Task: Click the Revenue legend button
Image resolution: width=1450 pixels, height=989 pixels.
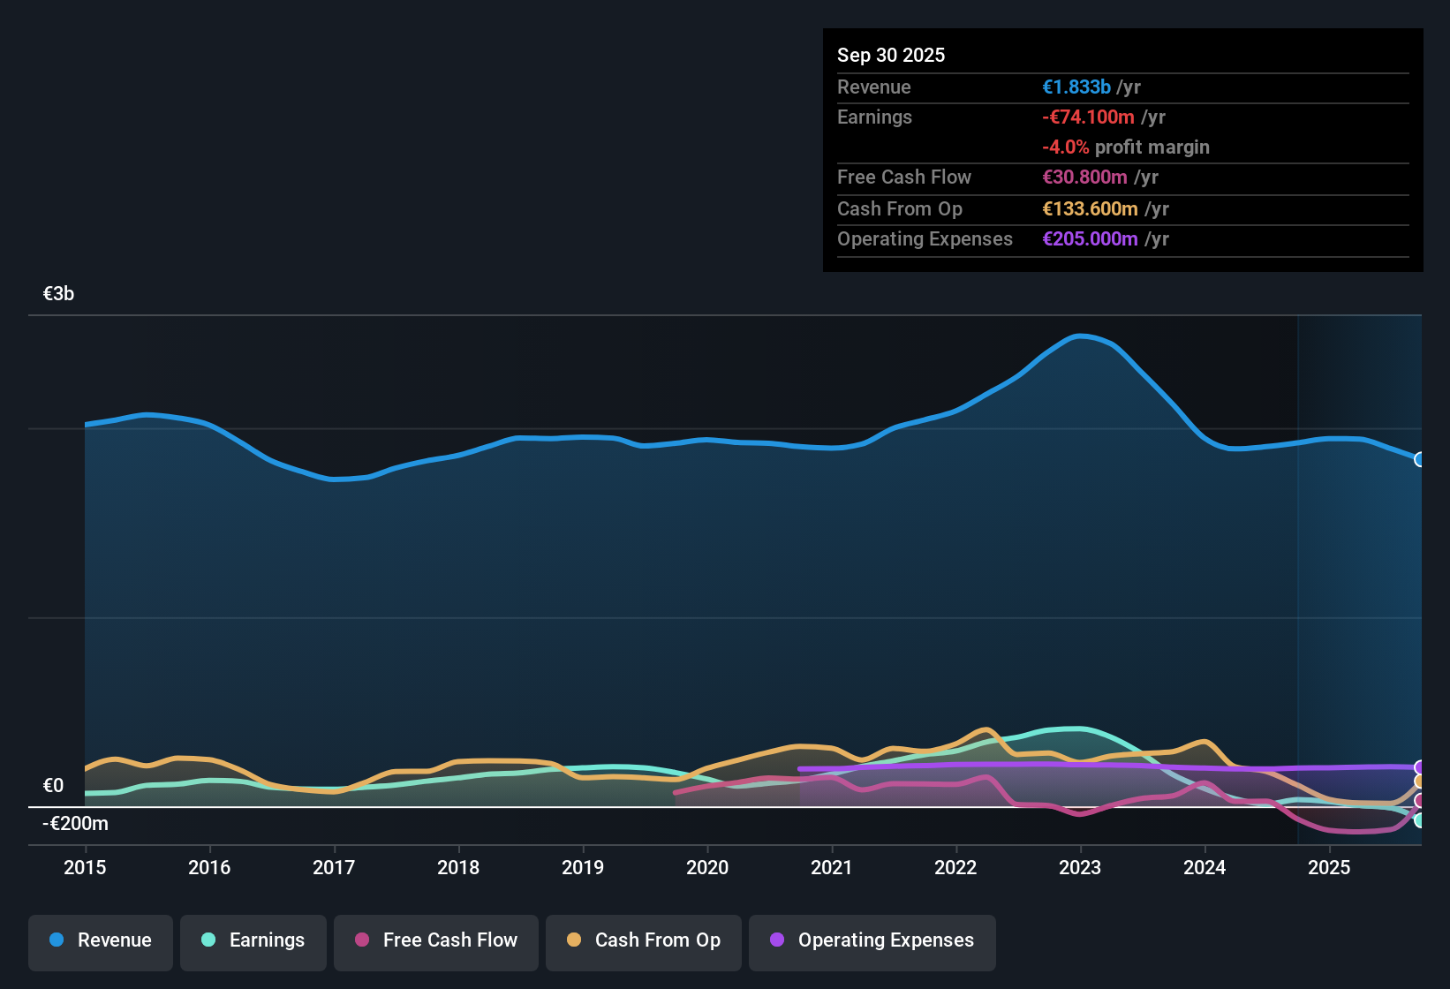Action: [101, 940]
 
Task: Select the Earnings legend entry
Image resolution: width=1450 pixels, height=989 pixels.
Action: [253, 940]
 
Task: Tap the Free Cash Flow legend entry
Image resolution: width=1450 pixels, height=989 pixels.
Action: [436, 940]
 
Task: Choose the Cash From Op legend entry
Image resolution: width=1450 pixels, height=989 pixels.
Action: [644, 940]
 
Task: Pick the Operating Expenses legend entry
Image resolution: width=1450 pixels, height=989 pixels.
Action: [872, 940]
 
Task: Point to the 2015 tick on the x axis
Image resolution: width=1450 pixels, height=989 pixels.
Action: [85, 867]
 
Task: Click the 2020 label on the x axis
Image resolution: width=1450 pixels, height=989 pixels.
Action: [707, 867]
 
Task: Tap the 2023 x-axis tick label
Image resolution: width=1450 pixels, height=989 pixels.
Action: [1080, 867]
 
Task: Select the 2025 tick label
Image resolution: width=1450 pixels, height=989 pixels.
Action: [1329, 867]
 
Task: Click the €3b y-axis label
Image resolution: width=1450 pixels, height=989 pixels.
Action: [59, 294]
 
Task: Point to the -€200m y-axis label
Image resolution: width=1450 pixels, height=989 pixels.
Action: [76, 824]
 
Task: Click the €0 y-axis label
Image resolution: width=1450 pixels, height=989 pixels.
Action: [54, 785]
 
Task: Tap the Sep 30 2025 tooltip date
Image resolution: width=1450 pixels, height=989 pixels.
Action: [891, 55]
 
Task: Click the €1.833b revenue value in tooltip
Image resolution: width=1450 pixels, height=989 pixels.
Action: [1076, 87]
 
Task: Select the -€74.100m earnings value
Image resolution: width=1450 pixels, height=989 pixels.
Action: [1088, 117]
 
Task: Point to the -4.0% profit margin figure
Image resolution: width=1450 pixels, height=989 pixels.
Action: [1065, 147]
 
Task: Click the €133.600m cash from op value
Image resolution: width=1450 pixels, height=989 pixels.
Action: [1090, 209]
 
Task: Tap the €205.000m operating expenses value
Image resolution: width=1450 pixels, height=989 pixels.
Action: [1090, 239]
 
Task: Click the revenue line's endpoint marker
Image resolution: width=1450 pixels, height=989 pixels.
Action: [1419, 459]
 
